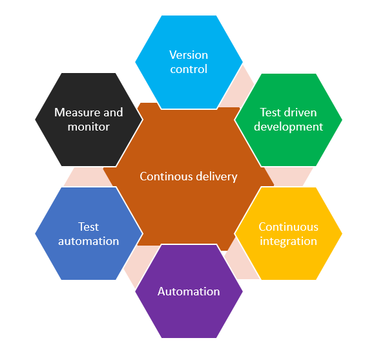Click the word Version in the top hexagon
(189, 55)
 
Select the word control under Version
(189, 69)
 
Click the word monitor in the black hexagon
(88, 127)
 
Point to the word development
(288, 127)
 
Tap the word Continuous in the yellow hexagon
(288, 227)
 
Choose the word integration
(288, 241)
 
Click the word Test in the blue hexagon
(88, 227)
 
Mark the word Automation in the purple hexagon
(189, 291)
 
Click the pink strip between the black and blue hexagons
(83, 176)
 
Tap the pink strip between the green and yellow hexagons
(289, 176)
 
